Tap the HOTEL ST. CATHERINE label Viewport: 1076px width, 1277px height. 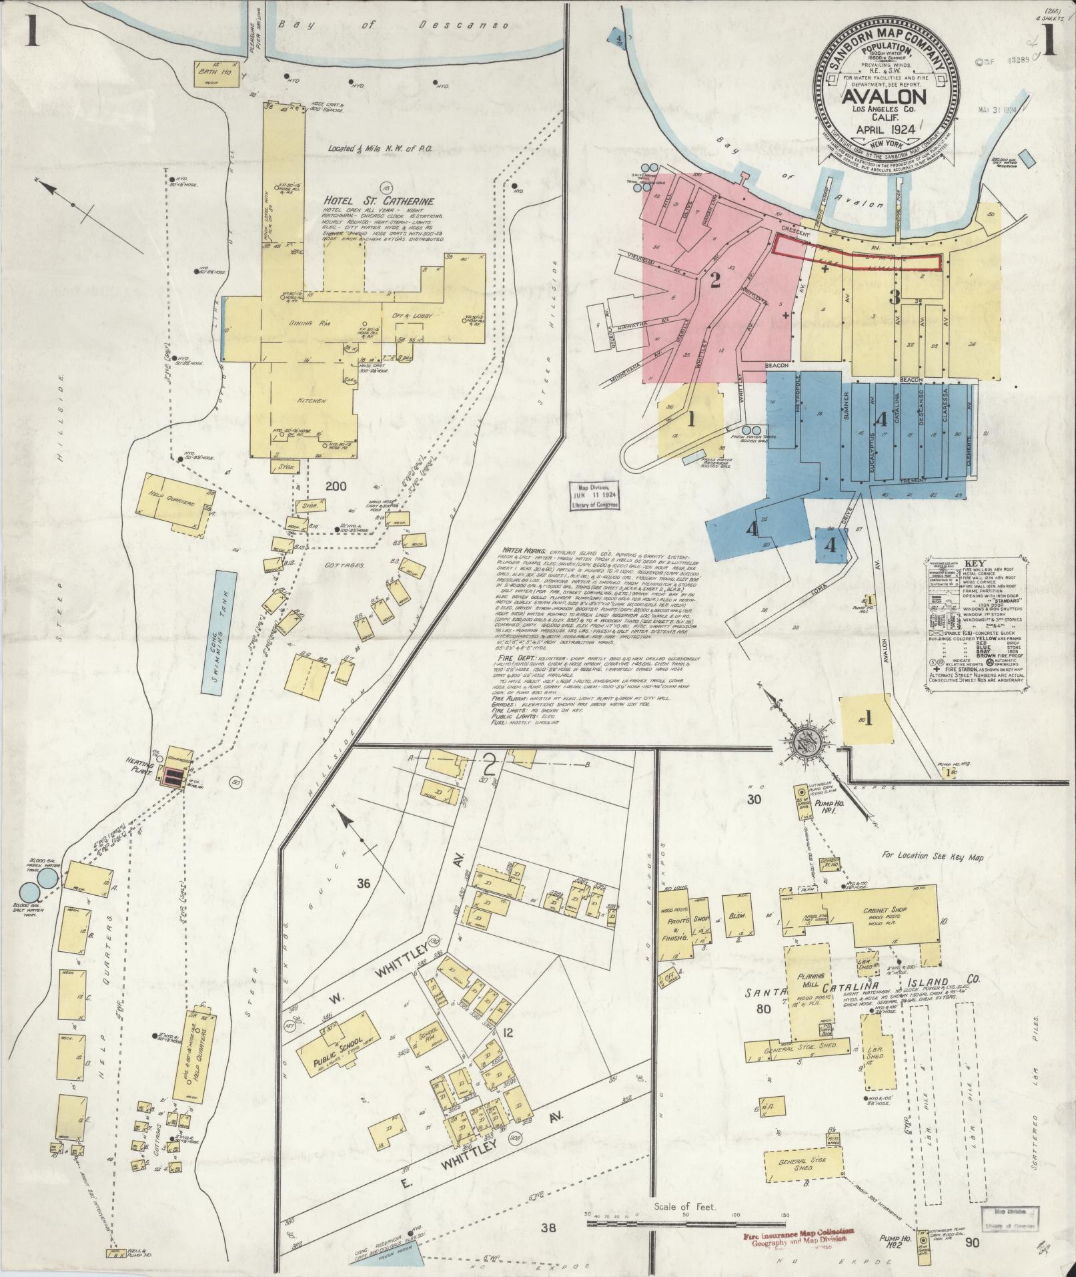pos(379,201)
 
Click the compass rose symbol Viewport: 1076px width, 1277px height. pos(806,740)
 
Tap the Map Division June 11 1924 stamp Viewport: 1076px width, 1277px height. pos(594,496)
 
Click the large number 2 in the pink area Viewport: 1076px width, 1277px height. pos(714,280)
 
